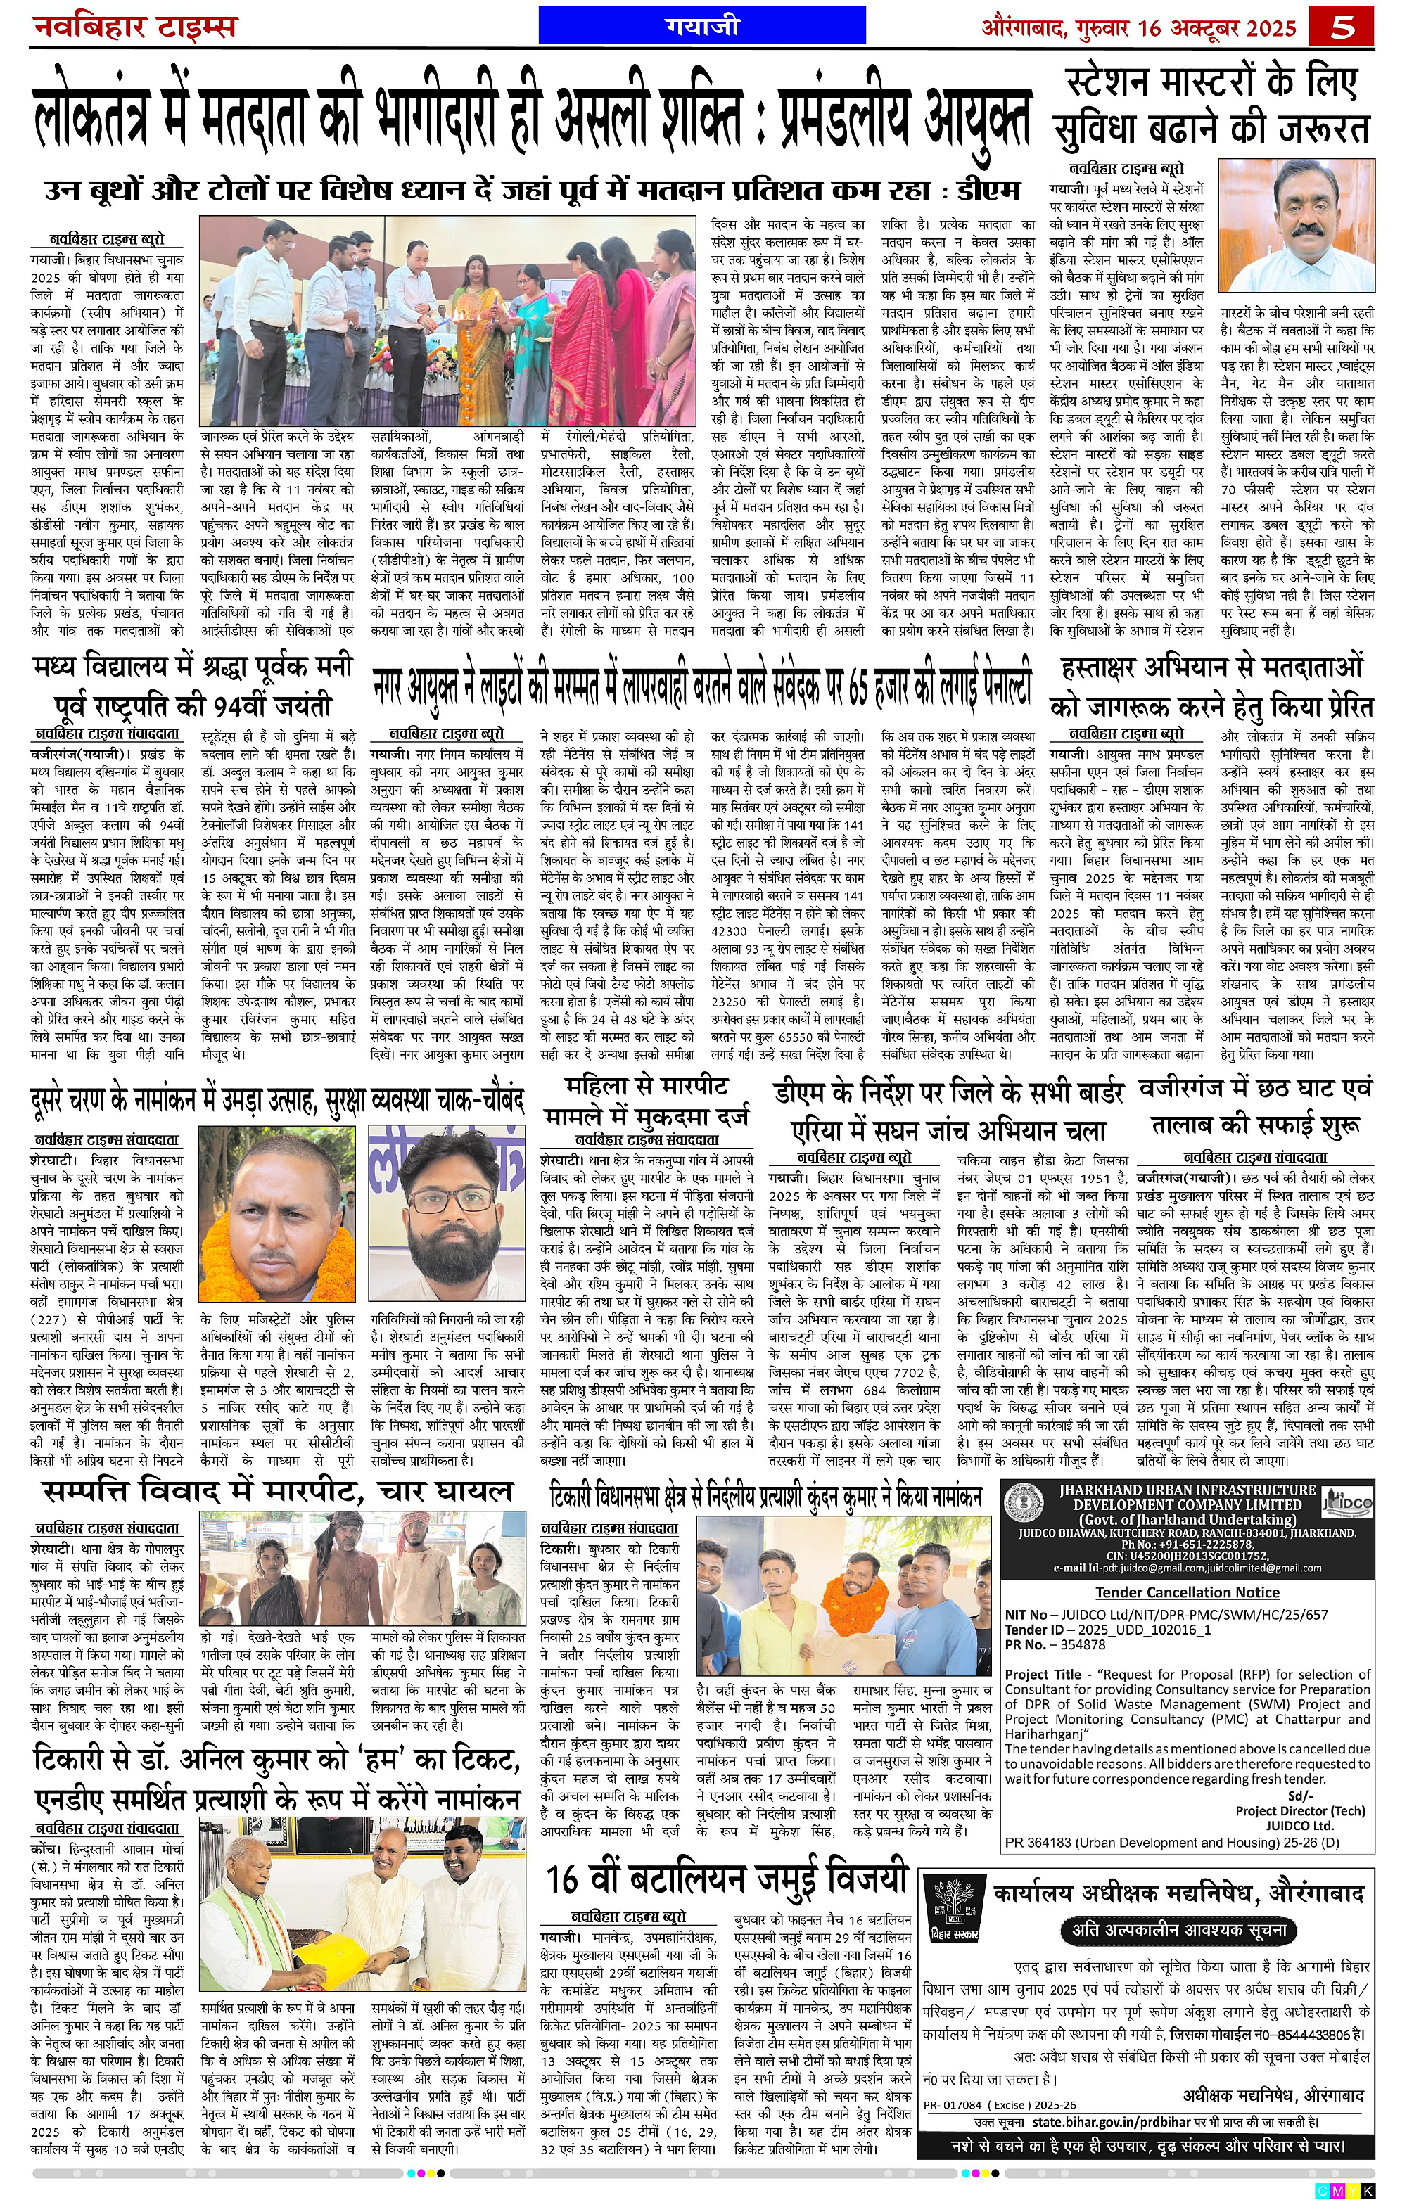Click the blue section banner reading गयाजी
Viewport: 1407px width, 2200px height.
click(x=701, y=25)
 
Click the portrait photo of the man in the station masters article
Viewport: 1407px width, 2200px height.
click(x=1297, y=226)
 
